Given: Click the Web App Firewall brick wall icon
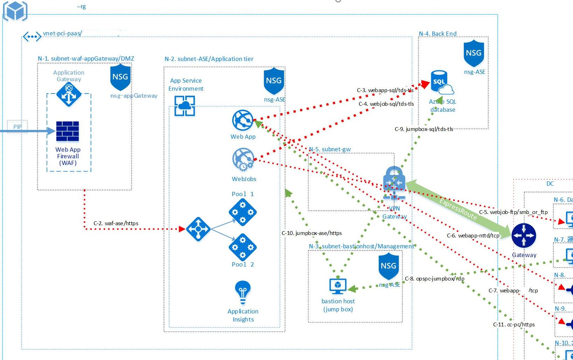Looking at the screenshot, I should point(68,131).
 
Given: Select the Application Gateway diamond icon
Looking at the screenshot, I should point(69,94).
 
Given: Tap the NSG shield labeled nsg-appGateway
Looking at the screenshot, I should point(120,77).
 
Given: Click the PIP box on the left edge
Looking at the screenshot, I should point(17,126).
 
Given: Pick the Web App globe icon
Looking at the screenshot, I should point(242,120).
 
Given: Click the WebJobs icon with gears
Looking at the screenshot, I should point(243,160).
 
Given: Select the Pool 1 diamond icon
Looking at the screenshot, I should point(242,212).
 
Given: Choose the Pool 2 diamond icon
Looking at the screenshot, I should point(242,248).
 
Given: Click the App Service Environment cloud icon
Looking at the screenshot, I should point(185,106).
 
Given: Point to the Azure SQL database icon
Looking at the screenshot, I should point(441,83).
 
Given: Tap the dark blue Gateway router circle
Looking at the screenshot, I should point(524,236).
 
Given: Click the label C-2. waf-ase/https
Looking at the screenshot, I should point(116,223).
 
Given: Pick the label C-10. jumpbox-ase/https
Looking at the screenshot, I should point(311,233).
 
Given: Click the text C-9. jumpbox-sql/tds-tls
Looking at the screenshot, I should point(424,129).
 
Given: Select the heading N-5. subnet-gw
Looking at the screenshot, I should point(330,149).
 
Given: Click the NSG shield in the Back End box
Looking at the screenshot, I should point(474,53).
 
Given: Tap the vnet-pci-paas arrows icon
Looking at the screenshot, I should point(32,36).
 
